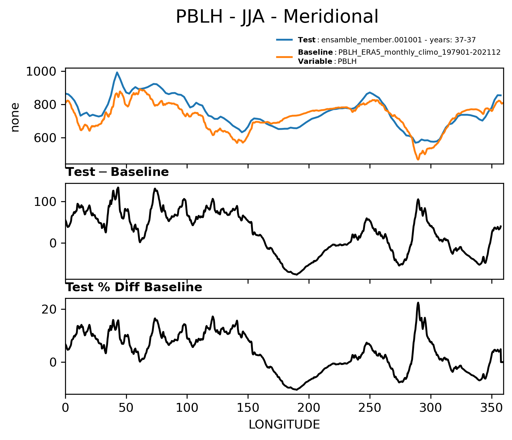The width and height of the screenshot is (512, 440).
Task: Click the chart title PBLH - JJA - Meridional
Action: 277,17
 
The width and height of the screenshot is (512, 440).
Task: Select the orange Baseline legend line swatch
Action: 284,57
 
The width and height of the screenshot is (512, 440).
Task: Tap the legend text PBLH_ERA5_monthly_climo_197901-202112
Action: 419,52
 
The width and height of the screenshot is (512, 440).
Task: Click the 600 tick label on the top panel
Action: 45,138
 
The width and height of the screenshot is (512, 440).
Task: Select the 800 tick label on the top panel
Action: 45,105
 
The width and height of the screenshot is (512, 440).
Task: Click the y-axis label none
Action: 15,117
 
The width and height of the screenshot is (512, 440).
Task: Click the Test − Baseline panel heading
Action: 117,172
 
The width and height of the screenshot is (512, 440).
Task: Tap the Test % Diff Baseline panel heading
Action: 134,287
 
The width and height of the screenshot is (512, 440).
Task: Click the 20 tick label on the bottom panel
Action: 49,309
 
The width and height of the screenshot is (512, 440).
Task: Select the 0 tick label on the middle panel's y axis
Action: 53,243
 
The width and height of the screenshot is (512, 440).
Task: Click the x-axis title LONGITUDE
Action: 284,425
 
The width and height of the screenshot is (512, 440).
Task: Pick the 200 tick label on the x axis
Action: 309,408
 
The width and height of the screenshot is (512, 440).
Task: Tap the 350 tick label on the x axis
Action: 491,408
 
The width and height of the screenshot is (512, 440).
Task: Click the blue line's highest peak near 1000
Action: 117,72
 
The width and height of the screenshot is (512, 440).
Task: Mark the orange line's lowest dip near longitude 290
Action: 418,159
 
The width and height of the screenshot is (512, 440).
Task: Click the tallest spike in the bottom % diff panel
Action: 418,303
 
